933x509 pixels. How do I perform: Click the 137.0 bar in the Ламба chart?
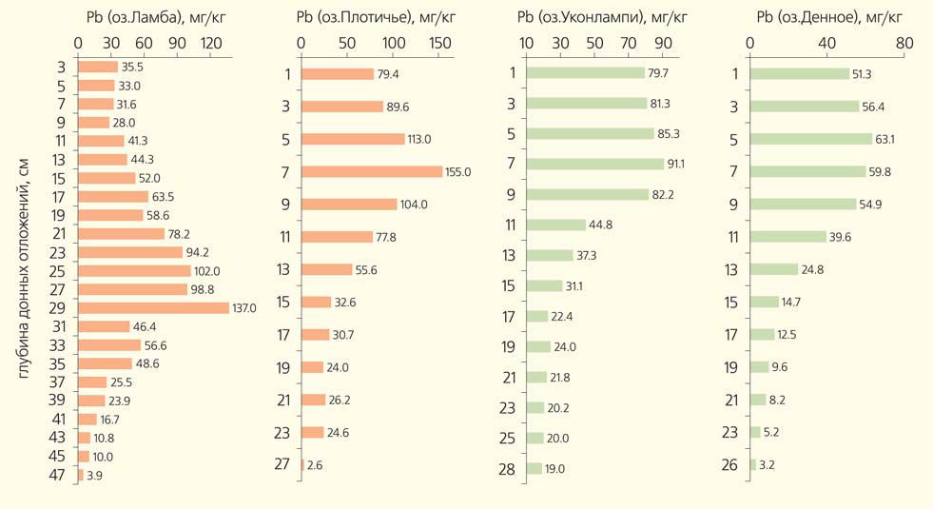pos(152,307)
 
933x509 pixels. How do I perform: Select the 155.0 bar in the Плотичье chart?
pos(371,171)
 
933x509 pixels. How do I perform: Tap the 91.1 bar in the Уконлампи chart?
pos(594,164)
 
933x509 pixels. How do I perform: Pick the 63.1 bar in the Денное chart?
pos(810,139)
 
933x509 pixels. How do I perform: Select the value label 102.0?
pos(210,271)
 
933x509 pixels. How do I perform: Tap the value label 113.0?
pos(419,139)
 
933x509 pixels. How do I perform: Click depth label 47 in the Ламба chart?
pos(57,475)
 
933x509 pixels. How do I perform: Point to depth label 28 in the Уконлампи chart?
pos(508,468)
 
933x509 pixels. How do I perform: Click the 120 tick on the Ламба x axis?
pos(210,43)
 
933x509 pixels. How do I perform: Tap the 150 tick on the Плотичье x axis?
pos(439,43)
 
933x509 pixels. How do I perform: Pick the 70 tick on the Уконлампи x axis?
pos(629,43)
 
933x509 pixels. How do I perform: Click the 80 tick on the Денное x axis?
pos(903,43)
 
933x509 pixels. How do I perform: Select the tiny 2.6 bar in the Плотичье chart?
pos(302,464)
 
